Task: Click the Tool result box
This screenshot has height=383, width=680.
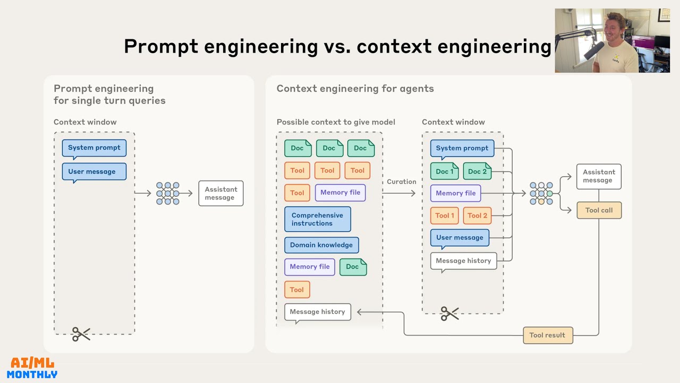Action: tap(548, 335)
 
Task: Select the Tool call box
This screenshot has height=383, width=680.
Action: tap(599, 210)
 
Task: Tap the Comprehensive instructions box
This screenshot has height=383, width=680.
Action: tap(317, 219)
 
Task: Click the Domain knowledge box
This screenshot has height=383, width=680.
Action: tap(321, 245)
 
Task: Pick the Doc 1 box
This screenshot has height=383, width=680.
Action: tap(445, 171)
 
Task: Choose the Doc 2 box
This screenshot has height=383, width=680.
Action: tap(477, 171)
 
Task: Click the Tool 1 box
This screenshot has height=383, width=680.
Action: tap(445, 215)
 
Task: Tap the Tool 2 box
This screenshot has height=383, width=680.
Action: tap(477, 215)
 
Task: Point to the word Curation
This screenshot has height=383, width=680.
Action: tap(401, 181)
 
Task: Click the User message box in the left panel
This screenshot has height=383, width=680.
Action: tap(94, 172)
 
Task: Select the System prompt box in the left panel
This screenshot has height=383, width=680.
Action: tap(94, 148)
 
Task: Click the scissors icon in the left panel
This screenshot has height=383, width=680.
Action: tap(81, 334)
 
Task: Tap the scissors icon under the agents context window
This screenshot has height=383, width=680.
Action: tap(449, 314)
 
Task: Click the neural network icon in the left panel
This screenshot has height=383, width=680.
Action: tap(167, 193)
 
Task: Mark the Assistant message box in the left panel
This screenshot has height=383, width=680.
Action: tap(220, 193)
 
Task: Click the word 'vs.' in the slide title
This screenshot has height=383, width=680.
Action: tap(337, 46)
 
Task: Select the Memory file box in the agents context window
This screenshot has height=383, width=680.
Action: tap(455, 193)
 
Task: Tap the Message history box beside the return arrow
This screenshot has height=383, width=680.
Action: tap(317, 312)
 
